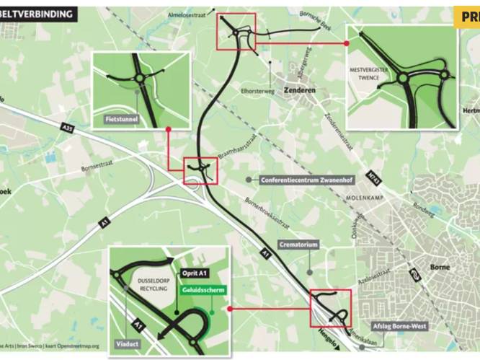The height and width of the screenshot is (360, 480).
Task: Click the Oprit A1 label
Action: click(x=195, y=273)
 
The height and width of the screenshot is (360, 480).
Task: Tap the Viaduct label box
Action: click(x=126, y=345)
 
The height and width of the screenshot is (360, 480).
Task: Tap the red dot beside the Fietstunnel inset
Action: click(x=167, y=130)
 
